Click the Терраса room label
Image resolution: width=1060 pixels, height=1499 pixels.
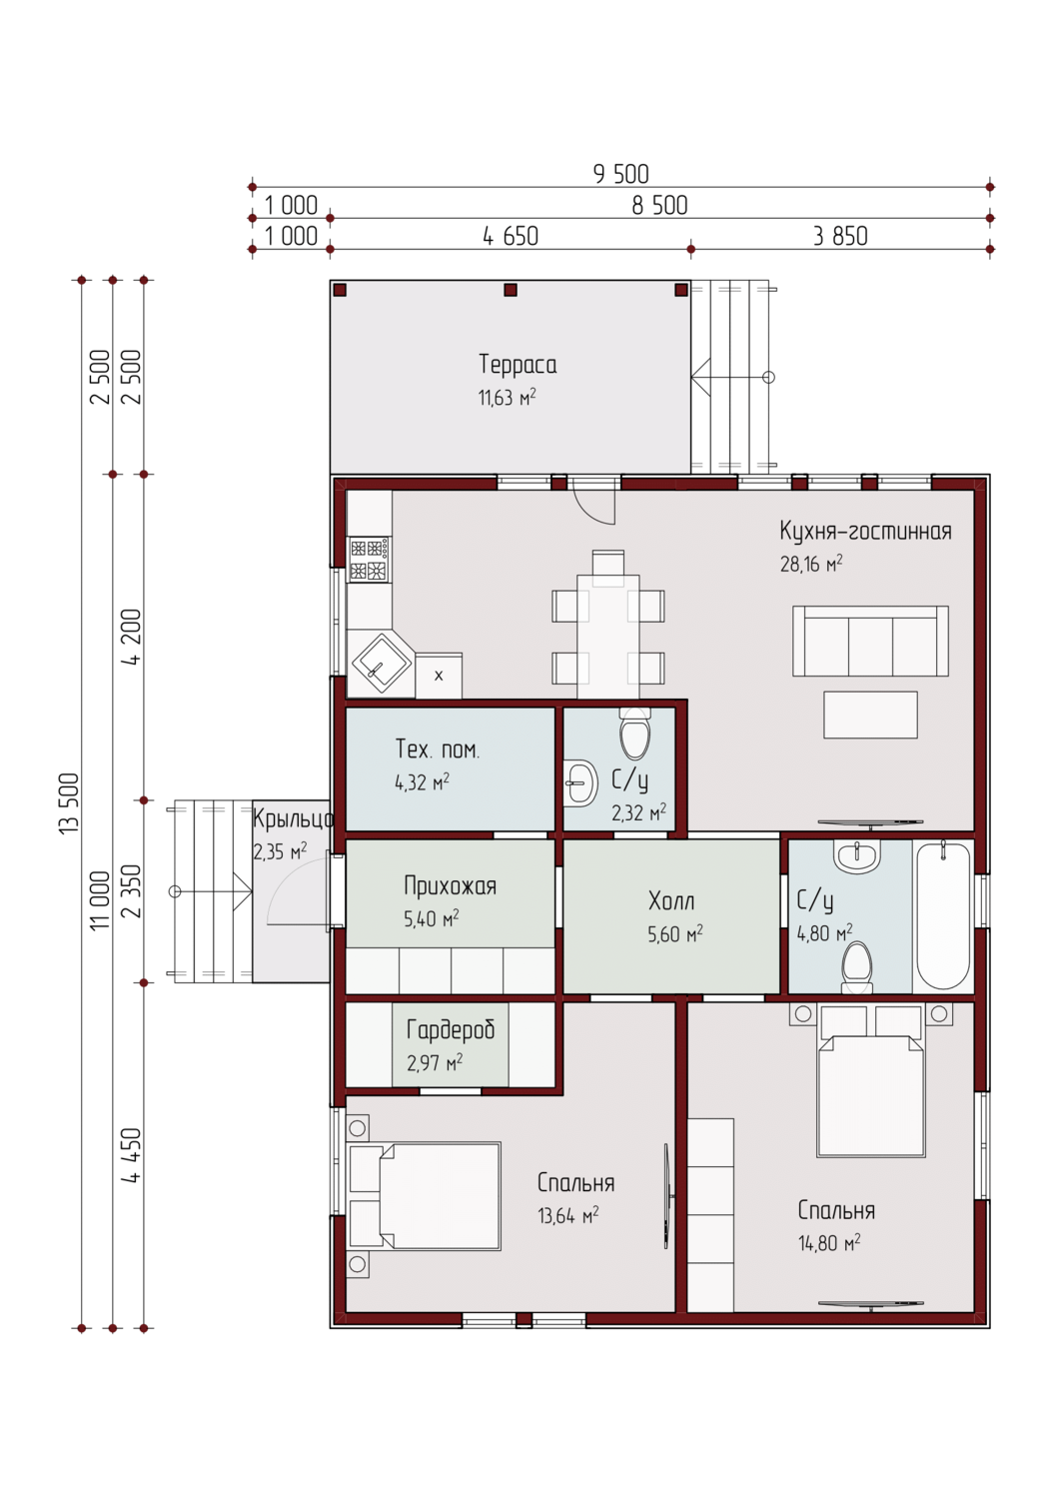click(518, 365)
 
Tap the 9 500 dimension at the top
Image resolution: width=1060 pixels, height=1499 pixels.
click(621, 174)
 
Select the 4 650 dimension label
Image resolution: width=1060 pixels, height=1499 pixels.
click(511, 236)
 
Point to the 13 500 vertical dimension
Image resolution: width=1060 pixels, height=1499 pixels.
click(69, 803)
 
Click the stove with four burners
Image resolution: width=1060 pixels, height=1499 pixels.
click(369, 559)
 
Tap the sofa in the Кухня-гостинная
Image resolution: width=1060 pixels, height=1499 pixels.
click(870, 642)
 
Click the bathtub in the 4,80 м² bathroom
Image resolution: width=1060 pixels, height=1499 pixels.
click(943, 915)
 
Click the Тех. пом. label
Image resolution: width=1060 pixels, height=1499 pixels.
click(438, 749)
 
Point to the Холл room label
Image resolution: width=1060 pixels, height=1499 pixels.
click(671, 901)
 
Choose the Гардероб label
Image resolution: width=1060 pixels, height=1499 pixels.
click(451, 1030)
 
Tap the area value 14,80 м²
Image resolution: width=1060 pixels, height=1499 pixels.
click(829, 1243)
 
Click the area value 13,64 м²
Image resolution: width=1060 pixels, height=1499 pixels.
click(568, 1215)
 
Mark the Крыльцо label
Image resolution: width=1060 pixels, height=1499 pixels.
click(293, 819)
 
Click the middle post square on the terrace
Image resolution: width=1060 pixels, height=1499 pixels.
click(511, 290)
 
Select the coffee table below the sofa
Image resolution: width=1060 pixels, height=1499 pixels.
click(870, 716)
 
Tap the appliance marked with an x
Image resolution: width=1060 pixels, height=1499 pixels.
click(439, 676)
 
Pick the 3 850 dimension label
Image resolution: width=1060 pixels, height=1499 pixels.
click(840, 236)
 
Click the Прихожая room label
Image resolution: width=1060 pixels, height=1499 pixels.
click(451, 886)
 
